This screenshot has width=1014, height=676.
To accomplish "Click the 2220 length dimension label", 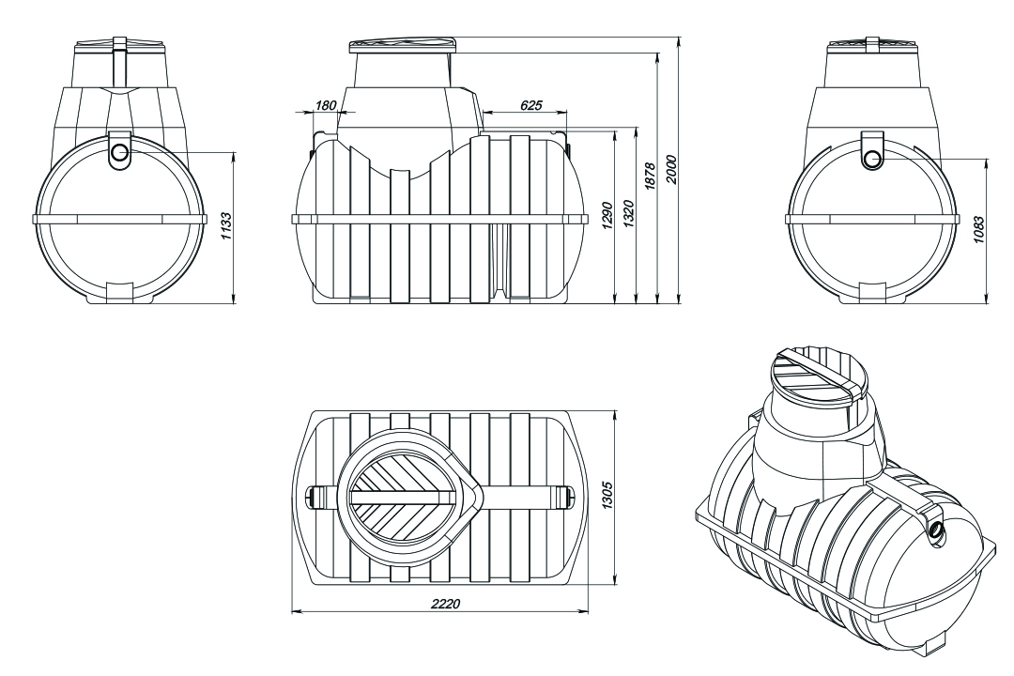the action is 446,603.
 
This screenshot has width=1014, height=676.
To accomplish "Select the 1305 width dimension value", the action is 607,496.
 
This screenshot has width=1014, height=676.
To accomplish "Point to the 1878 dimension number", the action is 651,176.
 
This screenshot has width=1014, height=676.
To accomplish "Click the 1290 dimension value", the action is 606,216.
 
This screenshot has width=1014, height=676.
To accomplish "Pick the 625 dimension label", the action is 530,105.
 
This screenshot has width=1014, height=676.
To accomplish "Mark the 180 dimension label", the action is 326,105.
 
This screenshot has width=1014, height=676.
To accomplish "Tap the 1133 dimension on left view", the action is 225,226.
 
